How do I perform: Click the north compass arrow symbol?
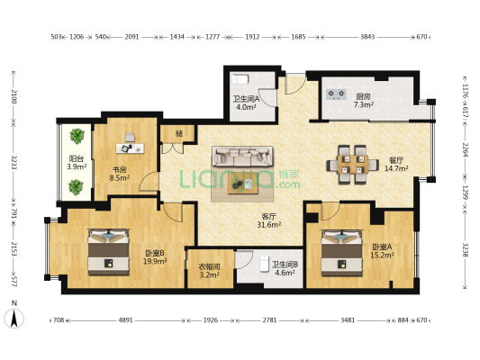(14, 318)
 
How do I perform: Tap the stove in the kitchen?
(336, 94)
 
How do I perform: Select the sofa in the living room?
(243, 157)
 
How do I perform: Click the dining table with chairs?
(352, 165)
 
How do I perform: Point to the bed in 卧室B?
(108, 252)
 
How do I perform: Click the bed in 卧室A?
(341, 253)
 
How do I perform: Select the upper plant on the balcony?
(77, 136)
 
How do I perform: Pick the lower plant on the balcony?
(76, 186)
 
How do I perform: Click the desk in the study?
(130, 148)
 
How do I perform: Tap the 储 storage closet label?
(179, 134)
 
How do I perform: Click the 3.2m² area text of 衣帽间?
(210, 274)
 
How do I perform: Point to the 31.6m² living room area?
(269, 224)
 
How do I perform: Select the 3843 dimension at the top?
(367, 37)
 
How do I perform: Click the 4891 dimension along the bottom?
(125, 320)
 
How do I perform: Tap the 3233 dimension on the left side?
(14, 162)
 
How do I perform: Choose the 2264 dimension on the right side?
(466, 149)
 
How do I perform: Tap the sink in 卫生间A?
(240, 79)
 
